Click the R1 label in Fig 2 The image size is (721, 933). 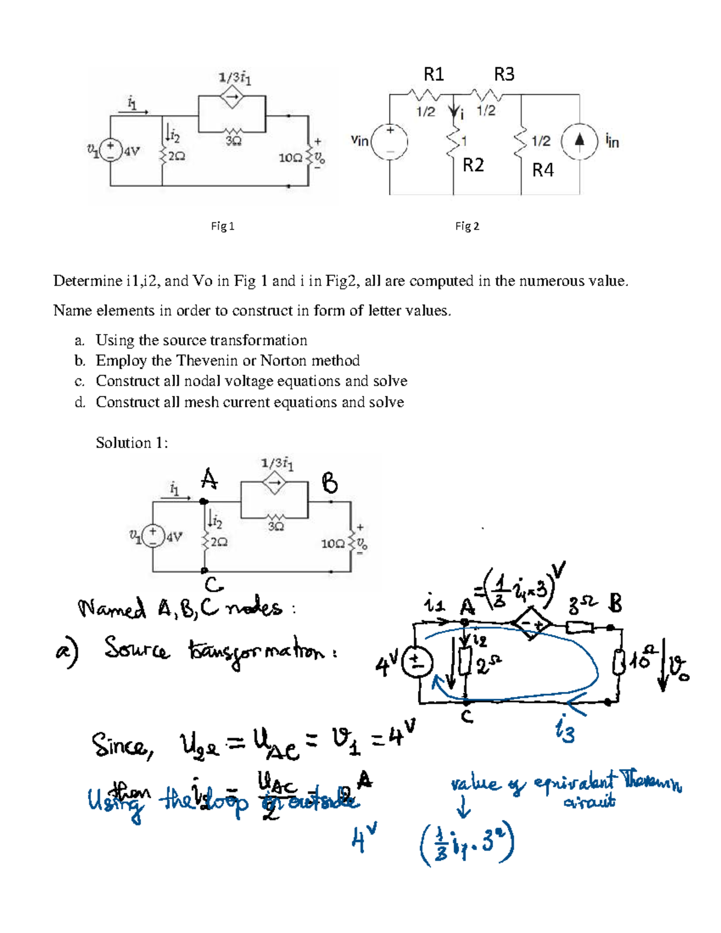pos(434,74)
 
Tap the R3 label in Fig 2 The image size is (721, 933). pos(504,74)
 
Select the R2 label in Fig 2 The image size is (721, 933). pos(473,165)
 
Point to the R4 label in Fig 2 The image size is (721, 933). pos(543,171)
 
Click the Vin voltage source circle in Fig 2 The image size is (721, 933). pos(390,142)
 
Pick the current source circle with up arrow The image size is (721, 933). pos(579,142)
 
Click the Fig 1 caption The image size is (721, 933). pos(222,226)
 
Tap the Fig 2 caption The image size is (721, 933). pos(467,226)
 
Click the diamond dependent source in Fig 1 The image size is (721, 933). pos(232,97)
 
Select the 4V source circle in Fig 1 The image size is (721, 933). pos(111,150)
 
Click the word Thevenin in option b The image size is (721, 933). pos(206,360)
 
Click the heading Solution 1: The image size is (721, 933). pos(132,443)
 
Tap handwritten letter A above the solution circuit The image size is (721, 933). pos(208,479)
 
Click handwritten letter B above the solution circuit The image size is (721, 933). pos(330,483)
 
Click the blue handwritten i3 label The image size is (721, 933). pos(565,732)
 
